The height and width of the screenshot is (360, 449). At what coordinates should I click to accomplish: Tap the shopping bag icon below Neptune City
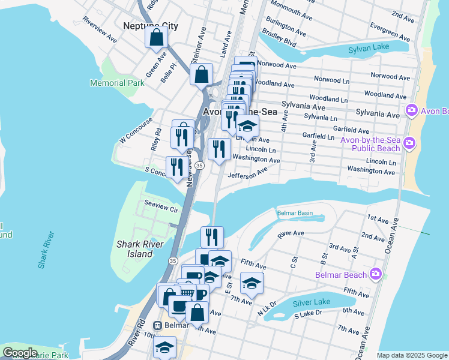click(x=156, y=37)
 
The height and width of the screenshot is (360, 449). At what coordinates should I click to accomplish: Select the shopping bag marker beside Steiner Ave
click(x=202, y=75)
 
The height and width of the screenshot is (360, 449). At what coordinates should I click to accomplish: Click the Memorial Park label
click(x=117, y=83)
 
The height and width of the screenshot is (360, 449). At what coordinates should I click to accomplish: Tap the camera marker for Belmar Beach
click(x=376, y=274)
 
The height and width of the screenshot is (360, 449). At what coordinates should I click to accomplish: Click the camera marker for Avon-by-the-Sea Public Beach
click(x=409, y=143)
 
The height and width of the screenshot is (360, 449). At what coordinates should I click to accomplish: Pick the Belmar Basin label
click(x=295, y=213)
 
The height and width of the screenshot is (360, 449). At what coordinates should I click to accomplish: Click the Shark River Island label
click(x=134, y=249)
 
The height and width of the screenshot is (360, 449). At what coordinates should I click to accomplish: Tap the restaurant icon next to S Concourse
click(x=176, y=167)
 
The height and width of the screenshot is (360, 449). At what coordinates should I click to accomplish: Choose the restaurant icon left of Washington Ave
click(x=219, y=149)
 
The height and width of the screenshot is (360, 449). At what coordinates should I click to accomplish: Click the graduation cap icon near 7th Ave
click(x=252, y=283)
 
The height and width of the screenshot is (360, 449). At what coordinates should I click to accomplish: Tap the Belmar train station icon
click(x=158, y=325)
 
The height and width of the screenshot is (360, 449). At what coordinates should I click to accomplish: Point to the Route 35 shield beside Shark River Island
click(x=173, y=261)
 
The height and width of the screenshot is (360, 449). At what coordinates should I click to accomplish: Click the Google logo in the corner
click(x=20, y=353)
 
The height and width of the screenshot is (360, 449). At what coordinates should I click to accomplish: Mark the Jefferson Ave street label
click(x=247, y=173)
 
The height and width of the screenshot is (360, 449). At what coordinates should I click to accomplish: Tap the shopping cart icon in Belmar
click(x=187, y=292)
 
